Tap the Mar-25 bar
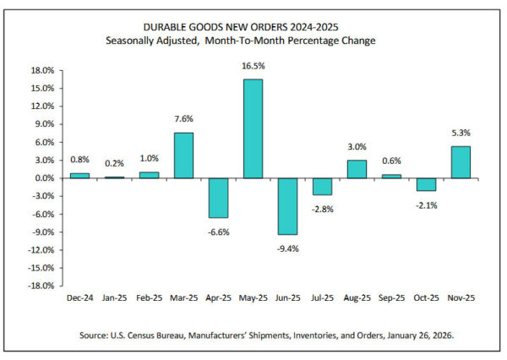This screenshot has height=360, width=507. point(184,155)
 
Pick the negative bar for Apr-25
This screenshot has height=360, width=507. point(219,198)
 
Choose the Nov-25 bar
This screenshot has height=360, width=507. point(461,162)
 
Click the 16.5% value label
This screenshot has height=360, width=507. point(253,65)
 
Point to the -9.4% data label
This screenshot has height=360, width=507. point(287,248)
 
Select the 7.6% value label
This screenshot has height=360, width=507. point(184,118)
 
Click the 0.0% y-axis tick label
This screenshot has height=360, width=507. point(45,178)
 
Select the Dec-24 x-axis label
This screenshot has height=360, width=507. point(80,298)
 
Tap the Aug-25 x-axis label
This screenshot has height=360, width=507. point(357,298)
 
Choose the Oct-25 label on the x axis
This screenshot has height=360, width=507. point(426,298)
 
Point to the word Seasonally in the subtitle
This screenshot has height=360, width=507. point(136,41)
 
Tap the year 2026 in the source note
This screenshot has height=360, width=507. point(440,335)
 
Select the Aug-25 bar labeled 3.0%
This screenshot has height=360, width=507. point(357,169)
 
